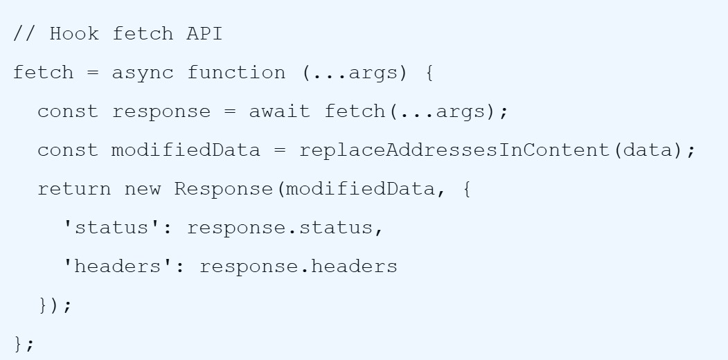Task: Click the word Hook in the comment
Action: tap(74, 34)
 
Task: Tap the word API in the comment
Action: tap(204, 34)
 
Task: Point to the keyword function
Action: tap(236, 73)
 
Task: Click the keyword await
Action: tap(280, 111)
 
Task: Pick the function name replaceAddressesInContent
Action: tap(454, 150)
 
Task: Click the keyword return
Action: tap(74, 189)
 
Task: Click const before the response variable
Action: tap(68, 112)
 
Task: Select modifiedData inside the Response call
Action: tap(360, 189)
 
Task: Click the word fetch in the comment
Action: tap(143, 34)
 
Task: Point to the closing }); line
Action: tap(55, 305)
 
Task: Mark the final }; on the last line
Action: tap(24, 344)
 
